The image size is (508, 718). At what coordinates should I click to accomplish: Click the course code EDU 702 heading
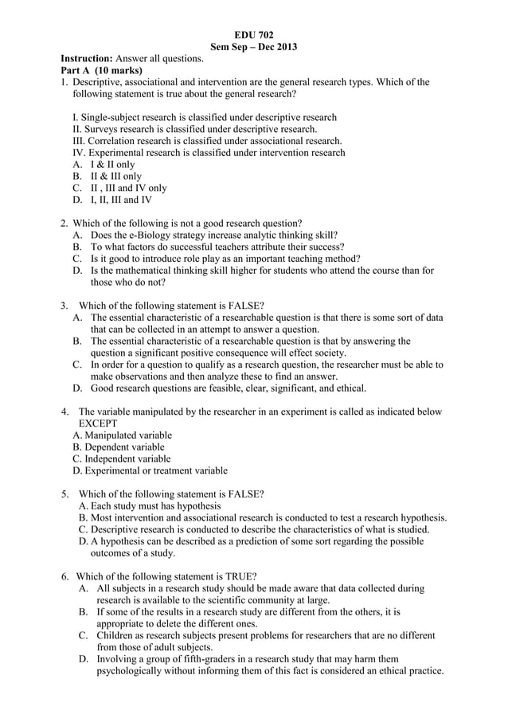pyautogui.click(x=253, y=35)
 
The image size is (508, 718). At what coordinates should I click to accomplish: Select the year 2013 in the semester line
pyautogui.click(x=284, y=47)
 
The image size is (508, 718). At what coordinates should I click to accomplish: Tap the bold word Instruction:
pyautogui.click(x=88, y=59)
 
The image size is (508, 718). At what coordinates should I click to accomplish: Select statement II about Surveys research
pyautogui.click(x=195, y=129)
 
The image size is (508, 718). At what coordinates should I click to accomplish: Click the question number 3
pyautogui.click(x=64, y=305)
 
